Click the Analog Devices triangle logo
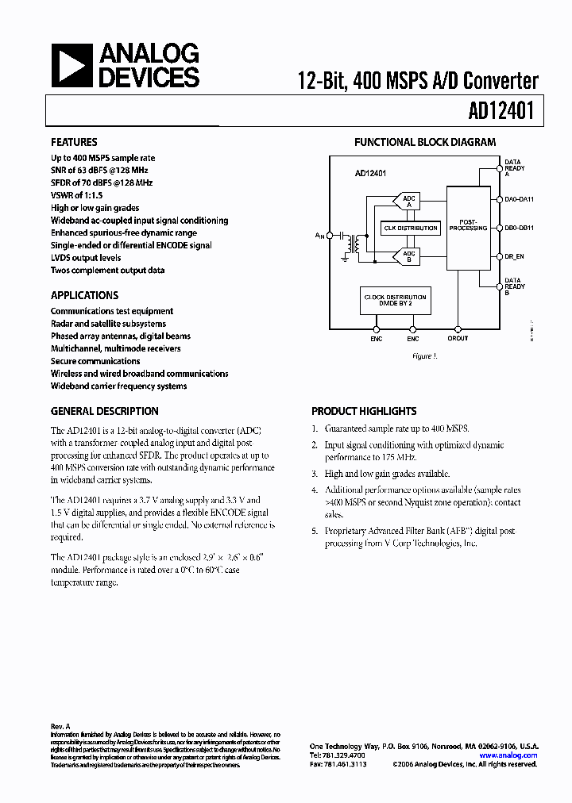click(x=72, y=65)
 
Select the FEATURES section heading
click(x=74, y=142)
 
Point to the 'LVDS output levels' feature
click(x=86, y=258)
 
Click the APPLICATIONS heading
click(x=84, y=295)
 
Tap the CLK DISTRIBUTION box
click(x=411, y=228)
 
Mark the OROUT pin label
click(x=458, y=338)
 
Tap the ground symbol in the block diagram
click(x=346, y=256)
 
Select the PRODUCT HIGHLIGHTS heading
click(x=363, y=411)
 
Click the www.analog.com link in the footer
click(x=512, y=755)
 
